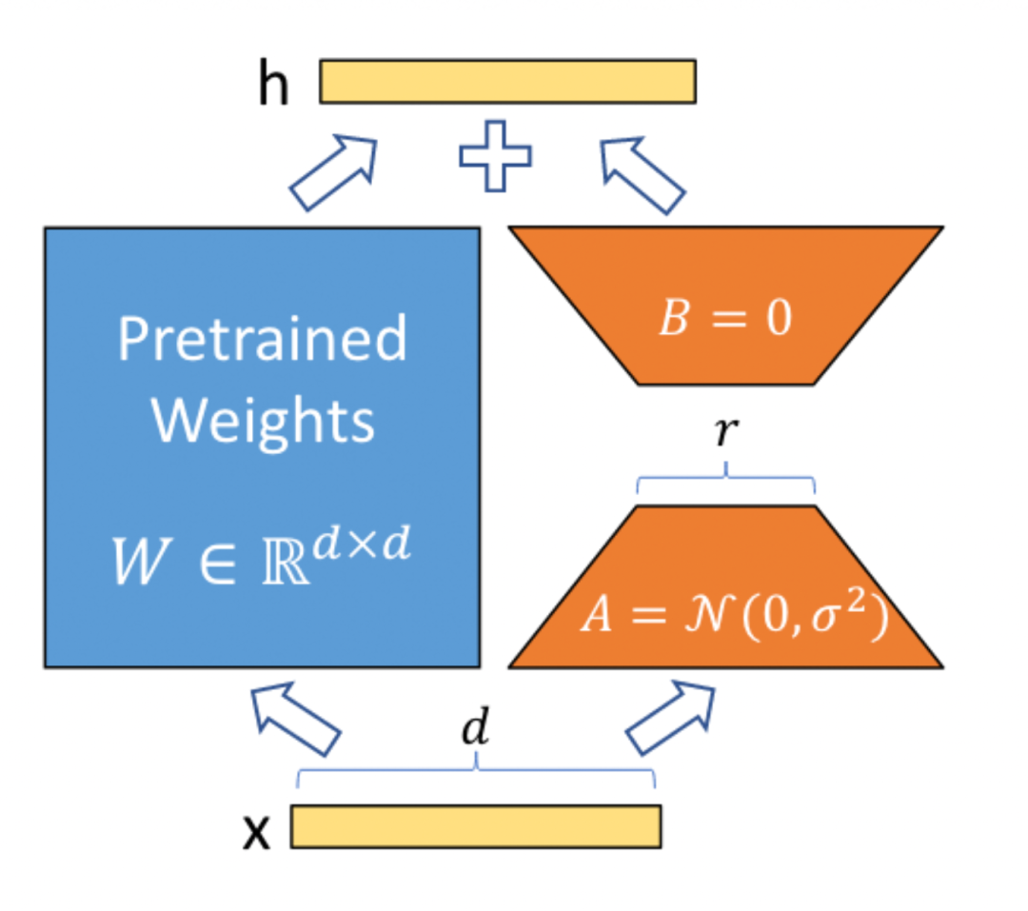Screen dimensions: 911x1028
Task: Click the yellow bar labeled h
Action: click(x=507, y=82)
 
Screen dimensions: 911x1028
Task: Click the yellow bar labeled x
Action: click(x=475, y=826)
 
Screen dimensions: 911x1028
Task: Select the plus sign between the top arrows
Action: click(x=495, y=156)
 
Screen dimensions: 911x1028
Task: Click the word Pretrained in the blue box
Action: click(x=262, y=339)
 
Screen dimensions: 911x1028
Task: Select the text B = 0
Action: click(x=725, y=319)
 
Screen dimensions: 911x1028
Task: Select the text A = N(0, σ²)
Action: click(x=733, y=619)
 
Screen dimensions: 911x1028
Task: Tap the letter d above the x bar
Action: click(x=475, y=731)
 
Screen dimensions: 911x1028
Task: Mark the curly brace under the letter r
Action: click(x=726, y=481)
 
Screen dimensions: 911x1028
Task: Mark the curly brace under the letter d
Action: click(x=476, y=774)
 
